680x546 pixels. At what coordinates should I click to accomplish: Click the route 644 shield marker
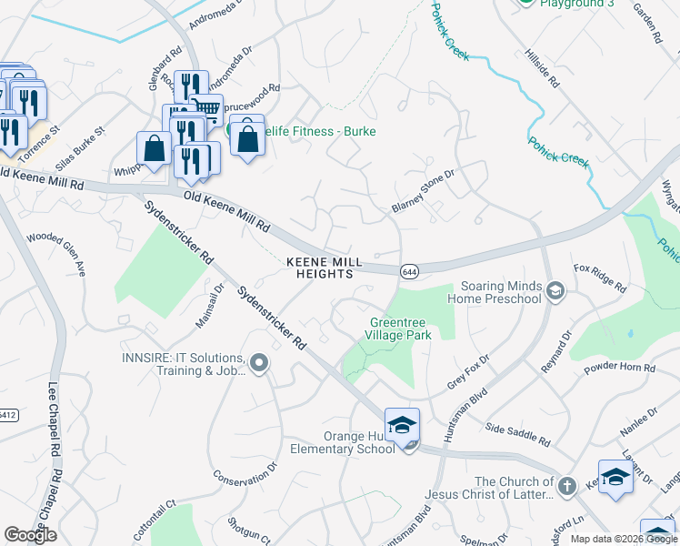coord(409,270)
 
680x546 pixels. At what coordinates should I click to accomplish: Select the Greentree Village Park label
coord(400,328)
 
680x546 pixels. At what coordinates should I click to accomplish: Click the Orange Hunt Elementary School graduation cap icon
coord(402,426)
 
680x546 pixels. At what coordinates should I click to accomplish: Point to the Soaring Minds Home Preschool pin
coord(555,291)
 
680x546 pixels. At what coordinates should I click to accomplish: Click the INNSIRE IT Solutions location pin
coord(258,364)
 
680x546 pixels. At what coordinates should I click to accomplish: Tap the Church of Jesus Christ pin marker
coord(567,486)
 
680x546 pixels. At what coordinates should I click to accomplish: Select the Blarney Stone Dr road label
coord(422,190)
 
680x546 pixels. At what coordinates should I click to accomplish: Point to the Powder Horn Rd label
coord(621,368)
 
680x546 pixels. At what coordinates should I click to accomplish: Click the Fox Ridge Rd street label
coord(600,278)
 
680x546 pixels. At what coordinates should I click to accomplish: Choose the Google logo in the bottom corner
coord(30,535)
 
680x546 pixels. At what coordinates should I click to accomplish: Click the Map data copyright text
coord(624,539)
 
